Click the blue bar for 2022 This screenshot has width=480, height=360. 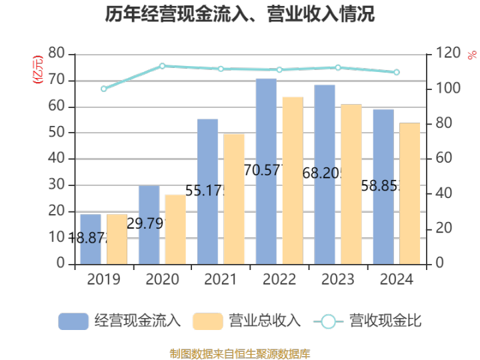[266, 171]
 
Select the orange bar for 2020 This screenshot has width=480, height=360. [175, 229]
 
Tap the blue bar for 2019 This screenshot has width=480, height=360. [90, 239]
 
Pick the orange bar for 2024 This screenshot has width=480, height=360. [410, 193]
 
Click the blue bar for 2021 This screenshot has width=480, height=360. [207, 191]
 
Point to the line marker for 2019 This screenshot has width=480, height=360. [103, 89]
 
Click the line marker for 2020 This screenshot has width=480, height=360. [162, 66]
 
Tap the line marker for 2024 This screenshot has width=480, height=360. [397, 72]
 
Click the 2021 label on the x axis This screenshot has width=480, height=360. [221, 279]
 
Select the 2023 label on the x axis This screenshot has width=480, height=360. [338, 279]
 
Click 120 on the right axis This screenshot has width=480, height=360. [445, 53]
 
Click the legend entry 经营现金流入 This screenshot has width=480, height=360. [120, 321]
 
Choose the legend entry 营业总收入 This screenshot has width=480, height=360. [247, 321]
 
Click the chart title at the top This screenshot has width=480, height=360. [240, 15]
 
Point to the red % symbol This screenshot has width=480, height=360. [472, 55]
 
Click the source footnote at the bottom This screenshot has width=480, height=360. [240, 353]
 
